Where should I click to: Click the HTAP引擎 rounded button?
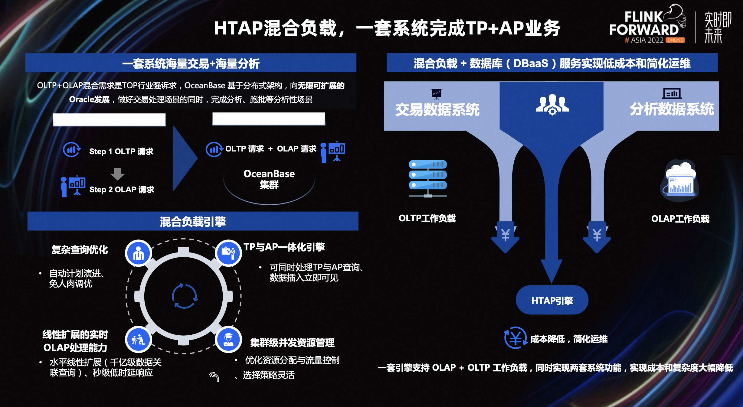click(552, 300)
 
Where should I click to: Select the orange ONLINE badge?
click(675, 40)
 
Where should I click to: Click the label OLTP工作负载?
click(427, 218)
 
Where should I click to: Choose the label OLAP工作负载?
click(680, 219)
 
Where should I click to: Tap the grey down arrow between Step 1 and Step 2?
click(117, 174)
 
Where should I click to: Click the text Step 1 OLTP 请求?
click(121, 151)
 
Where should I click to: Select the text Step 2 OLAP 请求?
click(122, 190)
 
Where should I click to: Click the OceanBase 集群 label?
click(269, 179)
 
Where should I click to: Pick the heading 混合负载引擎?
click(193, 222)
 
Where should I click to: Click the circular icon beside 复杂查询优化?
click(139, 253)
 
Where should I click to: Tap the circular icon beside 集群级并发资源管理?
click(228, 340)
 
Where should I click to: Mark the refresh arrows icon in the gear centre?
click(184, 296)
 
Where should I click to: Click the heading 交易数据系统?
click(437, 109)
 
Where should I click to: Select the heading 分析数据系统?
click(672, 109)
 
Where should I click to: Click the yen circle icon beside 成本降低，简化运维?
click(515, 338)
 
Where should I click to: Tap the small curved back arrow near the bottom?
click(214, 377)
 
